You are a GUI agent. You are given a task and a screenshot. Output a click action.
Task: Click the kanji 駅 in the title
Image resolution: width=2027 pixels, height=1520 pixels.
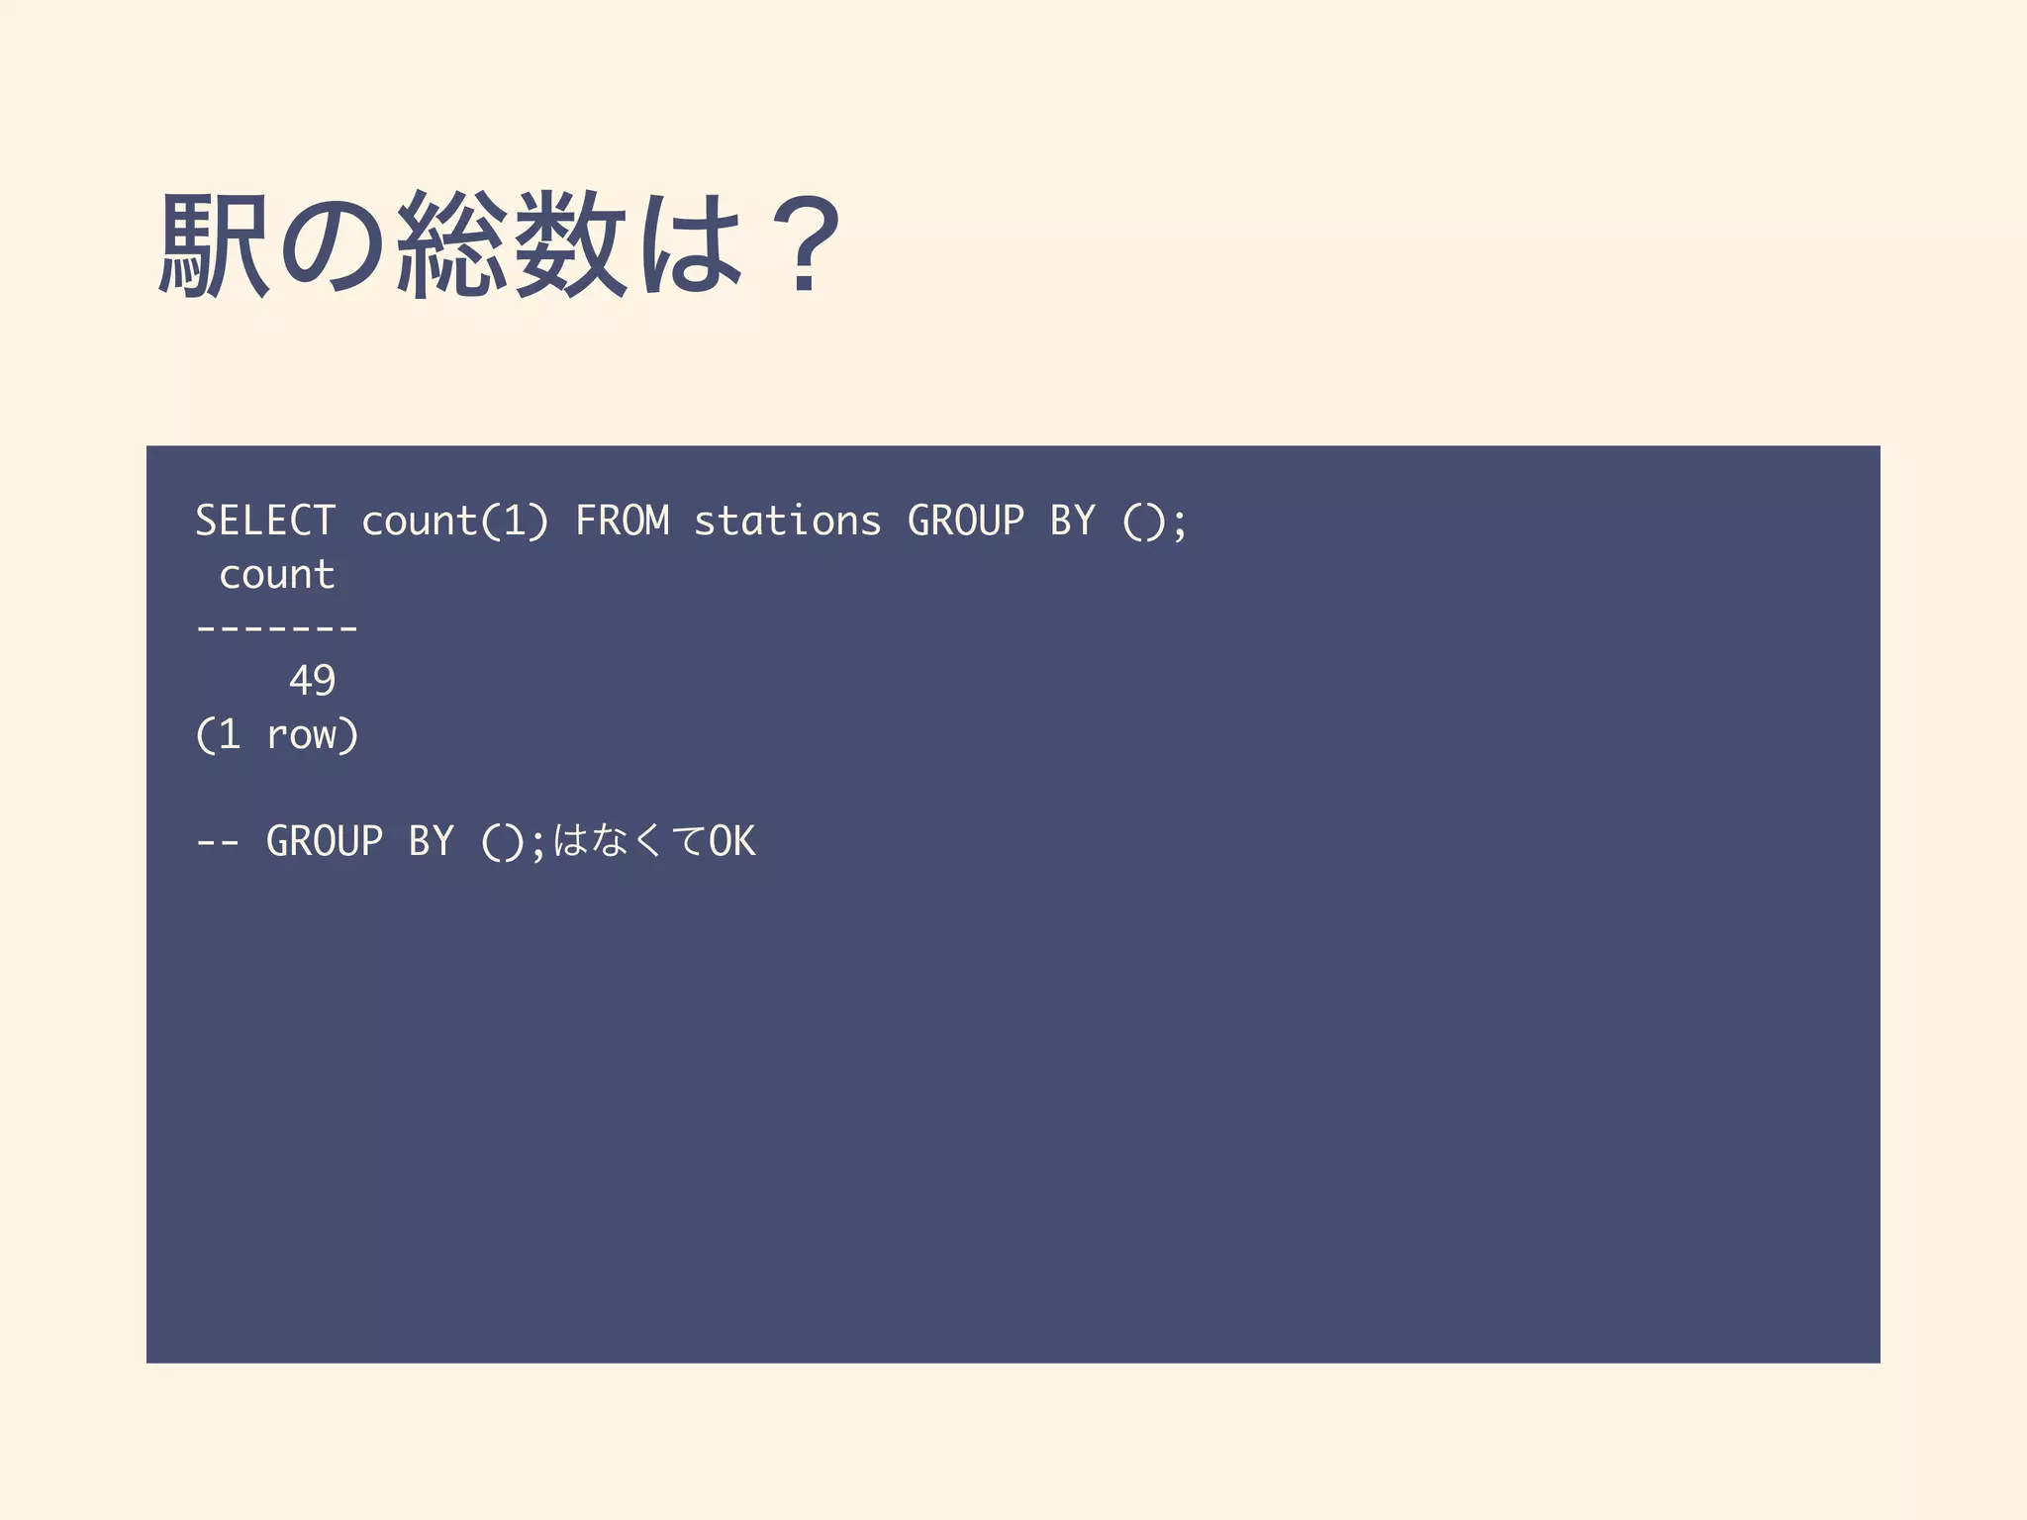(x=214, y=244)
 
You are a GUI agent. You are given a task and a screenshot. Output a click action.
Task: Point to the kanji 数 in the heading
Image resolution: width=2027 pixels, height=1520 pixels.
(x=571, y=244)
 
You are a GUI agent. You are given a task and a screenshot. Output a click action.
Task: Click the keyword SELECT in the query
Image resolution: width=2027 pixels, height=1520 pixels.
(x=265, y=522)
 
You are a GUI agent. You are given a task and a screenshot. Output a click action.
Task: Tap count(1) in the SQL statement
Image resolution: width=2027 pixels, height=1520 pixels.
(x=454, y=522)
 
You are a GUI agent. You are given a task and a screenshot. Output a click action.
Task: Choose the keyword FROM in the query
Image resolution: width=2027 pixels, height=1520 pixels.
(x=623, y=522)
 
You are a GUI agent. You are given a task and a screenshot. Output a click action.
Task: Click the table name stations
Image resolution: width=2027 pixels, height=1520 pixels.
(x=787, y=522)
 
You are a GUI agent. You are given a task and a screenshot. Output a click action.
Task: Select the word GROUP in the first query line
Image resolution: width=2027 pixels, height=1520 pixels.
(x=966, y=522)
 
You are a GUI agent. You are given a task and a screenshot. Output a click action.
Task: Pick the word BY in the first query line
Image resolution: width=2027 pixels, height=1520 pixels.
(x=1073, y=522)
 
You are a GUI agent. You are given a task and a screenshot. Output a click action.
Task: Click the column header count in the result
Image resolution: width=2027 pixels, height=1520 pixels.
(x=277, y=575)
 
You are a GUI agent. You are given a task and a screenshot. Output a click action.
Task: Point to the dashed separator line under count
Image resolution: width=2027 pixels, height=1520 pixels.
(x=277, y=627)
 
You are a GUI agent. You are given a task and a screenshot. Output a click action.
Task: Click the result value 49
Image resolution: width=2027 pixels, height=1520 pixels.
(x=312, y=681)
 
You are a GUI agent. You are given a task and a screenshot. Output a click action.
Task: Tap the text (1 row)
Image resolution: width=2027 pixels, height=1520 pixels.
(x=277, y=735)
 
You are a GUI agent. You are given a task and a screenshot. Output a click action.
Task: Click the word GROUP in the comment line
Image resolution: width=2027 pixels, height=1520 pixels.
(x=325, y=842)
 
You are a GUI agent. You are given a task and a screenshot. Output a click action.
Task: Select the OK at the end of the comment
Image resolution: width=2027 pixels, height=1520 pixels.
(x=731, y=842)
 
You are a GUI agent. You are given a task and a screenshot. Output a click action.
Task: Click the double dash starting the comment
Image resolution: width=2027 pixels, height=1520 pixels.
(x=218, y=842)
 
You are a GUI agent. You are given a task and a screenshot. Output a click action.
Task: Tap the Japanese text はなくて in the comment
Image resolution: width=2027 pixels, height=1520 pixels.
(x=627, y=842)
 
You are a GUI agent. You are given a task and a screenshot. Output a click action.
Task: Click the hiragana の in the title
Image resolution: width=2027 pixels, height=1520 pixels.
(x=334, y=244)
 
